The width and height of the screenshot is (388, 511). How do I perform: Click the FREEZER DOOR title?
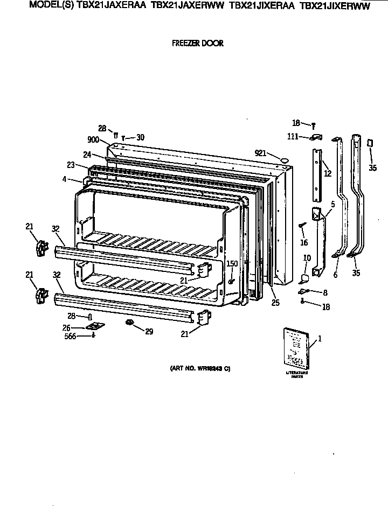coord(198,44)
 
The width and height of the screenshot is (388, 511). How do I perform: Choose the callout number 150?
coord(231,264)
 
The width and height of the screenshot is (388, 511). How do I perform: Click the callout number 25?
coord(275,303)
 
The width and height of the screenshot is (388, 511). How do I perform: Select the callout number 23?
coord(71,165)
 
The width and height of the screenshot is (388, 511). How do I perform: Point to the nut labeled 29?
coord(130,323)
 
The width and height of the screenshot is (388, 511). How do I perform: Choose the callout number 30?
coord(140,137)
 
